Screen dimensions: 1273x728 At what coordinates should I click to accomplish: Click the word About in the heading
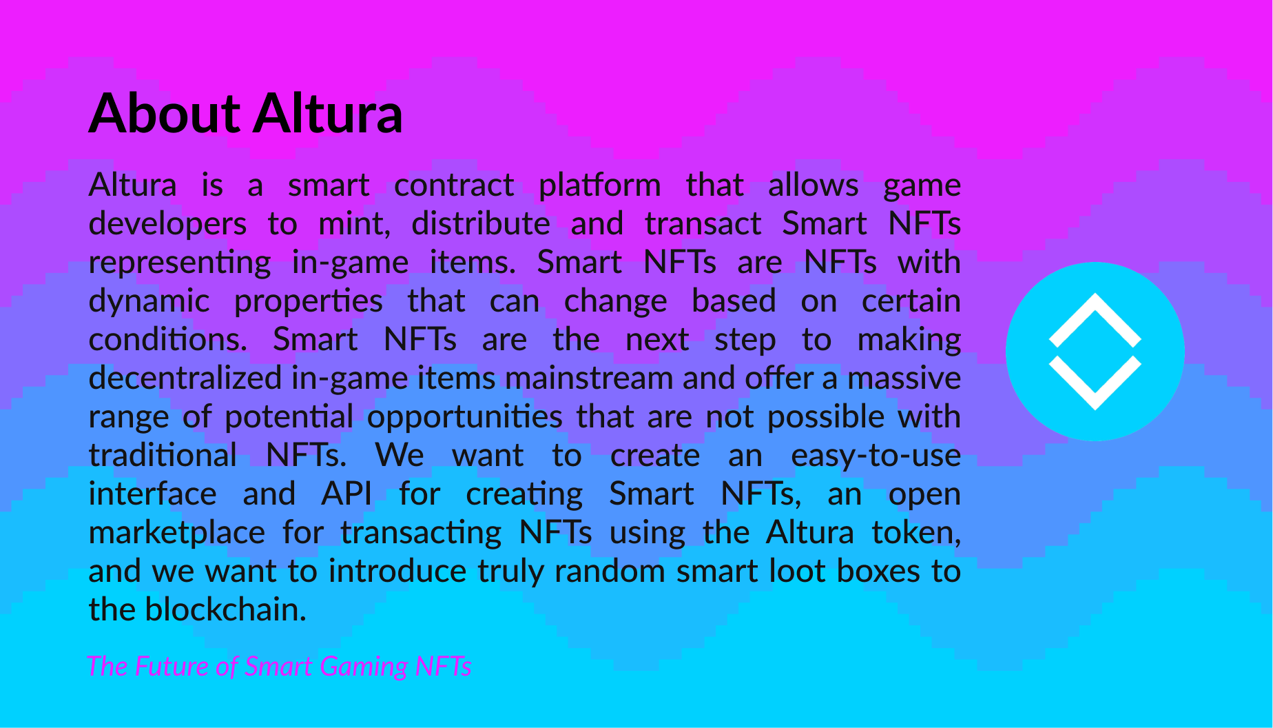[165, 113]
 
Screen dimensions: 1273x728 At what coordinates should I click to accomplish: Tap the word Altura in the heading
[328, 113]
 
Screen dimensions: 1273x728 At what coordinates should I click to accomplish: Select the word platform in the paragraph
[599, 186]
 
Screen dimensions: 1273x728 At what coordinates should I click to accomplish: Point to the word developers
[167, 225]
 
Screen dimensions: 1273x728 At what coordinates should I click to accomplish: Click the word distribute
[481, 223]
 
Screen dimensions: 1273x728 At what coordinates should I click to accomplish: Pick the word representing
[180, 263]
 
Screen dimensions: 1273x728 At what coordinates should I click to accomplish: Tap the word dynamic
[149, 302]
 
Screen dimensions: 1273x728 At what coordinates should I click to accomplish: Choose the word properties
[308, 302]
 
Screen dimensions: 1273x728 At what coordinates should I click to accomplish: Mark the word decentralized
[185, 378]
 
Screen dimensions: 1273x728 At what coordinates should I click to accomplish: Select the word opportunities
[465, 418]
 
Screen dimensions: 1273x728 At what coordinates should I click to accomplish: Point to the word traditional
[163, 455]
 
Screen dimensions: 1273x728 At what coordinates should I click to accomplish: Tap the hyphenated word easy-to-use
[876, 456]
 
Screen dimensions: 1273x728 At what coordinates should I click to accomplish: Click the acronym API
[346, 494]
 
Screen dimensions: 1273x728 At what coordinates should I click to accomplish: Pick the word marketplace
[177, 534]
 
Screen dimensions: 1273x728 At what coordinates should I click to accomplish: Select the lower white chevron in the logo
[1095, 383]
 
